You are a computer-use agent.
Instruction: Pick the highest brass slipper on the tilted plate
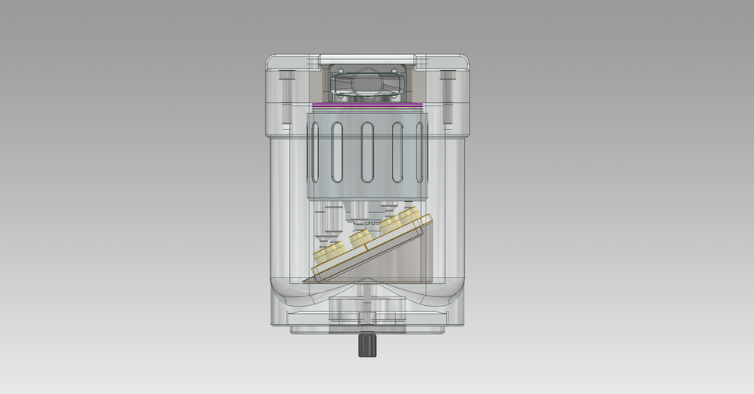[408, 215]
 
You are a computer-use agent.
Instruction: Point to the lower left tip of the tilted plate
[314, 276]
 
